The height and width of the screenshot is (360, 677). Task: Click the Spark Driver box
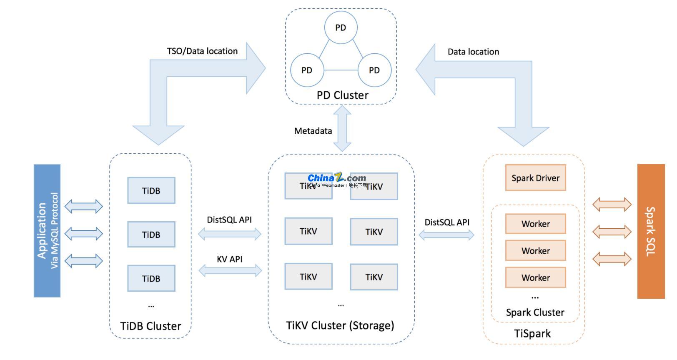535,178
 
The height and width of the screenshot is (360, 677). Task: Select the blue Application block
47,230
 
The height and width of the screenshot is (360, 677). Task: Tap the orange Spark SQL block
651,231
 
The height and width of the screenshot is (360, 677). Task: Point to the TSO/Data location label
202,51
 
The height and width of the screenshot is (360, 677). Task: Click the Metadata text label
313,131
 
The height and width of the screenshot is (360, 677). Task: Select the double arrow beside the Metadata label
342,128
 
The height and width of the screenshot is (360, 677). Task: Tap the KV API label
229,259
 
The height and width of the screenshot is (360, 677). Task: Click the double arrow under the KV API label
230,271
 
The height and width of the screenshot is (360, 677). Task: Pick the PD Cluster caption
342,95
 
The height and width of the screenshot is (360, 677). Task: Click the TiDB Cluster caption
150,326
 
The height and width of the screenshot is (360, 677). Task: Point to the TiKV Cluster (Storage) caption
340,325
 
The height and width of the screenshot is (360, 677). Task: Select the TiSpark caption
532,333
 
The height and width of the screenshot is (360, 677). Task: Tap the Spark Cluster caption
535,312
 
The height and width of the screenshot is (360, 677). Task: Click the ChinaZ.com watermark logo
337,179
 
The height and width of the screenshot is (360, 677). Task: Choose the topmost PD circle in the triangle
341,27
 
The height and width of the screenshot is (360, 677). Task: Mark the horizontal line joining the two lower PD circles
341,70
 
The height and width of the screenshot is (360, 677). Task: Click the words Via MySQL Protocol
55,230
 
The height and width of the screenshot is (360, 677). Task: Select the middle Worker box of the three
535,251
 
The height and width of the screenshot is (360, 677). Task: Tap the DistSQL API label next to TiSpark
447,222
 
